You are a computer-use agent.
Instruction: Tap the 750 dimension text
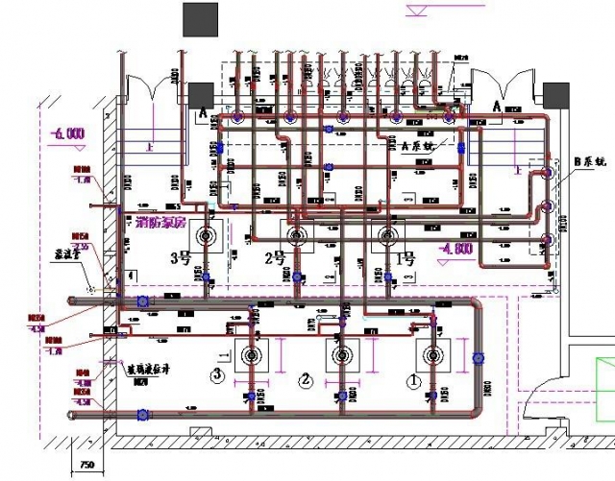(x=86, y=466)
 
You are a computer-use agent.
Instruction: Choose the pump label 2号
(x=276, y=257)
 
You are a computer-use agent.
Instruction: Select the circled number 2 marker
(x=306, y=379)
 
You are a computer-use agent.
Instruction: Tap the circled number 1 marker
(x=415, y=379)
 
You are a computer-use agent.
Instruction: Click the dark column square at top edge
(x=201, y=19)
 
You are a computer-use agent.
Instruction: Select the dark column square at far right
(x=555, y=94)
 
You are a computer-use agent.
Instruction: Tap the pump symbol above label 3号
(x=205, y=233)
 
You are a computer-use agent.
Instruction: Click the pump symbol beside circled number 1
(x=428, y=354)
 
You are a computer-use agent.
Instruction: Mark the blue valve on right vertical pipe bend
(x=479, y=359)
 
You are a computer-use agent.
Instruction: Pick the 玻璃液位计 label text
(x=149, y=368)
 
